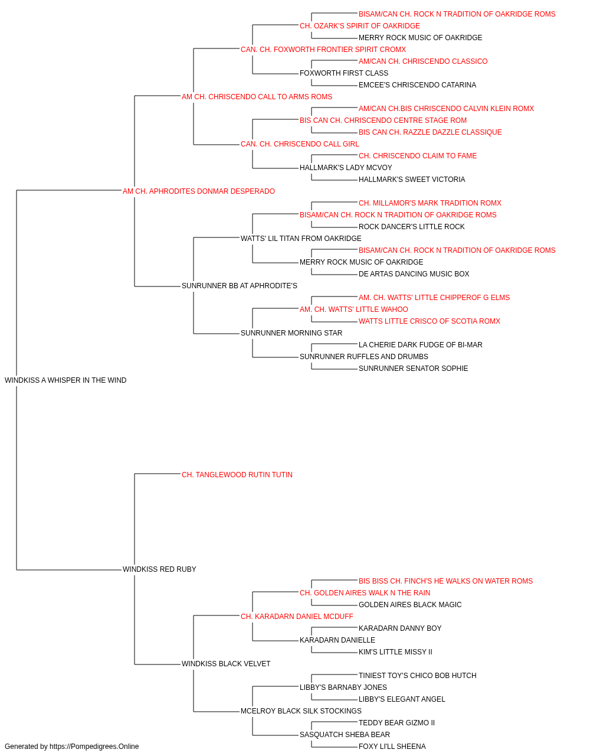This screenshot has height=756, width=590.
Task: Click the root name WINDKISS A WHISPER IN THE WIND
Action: [x=65, y=380]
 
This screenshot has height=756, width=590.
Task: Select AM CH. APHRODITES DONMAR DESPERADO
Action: [x=199, y=191]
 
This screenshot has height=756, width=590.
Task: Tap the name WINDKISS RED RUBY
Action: [x=159, y=569]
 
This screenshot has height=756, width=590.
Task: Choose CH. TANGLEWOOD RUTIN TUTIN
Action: [x=237, y=475]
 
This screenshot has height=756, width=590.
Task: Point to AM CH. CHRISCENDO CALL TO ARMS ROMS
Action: [x=257, y=97]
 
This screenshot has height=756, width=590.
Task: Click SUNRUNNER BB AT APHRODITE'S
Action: [x=240, y=286]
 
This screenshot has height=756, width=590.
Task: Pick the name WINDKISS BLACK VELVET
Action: [x=226, y=664]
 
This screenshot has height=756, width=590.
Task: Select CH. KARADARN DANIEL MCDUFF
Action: [x=297, y=617]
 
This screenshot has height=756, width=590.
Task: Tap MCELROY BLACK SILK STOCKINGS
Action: [x=301, y=711]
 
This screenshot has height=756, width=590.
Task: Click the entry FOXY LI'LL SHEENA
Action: [x=392, y=747]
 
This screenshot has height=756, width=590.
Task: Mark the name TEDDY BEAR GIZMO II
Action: [x=396, y=723]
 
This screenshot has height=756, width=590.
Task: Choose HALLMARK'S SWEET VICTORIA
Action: [x=412, y=180]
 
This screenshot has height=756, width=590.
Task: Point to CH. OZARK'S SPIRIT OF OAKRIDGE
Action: [x=360, y=26]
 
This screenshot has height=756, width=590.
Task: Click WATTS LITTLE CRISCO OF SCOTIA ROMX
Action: [x=429, y=321]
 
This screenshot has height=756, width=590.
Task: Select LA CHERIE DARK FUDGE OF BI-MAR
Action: [x=421, y=345]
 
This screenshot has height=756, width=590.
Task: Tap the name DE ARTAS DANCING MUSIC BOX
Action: [x=414, y=274]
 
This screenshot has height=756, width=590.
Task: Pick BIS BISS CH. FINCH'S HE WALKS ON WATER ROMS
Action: [x=445, y=581]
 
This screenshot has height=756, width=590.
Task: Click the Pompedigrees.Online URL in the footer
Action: [x=94, y=747]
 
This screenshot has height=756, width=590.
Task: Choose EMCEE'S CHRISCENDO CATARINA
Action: [x=417, y=85]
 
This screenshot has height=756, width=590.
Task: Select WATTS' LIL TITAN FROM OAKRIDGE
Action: [x=301, y=239]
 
